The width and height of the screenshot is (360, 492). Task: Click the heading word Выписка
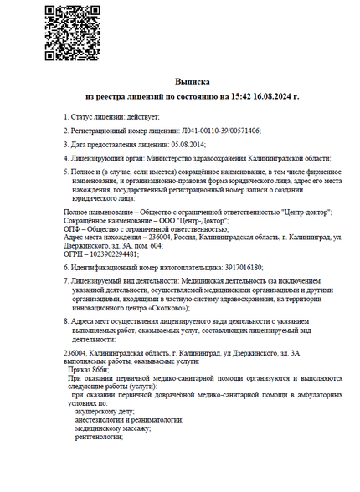click(x=191, y=82)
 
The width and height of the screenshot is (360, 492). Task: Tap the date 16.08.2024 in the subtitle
click(x=247, y=97)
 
